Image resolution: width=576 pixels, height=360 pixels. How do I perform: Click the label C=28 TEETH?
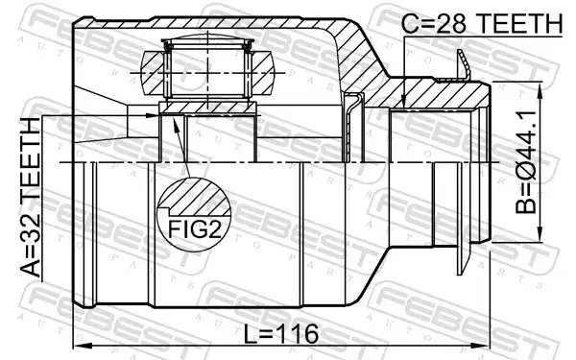click(482, 23)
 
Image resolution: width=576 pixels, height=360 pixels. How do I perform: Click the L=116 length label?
click(281, 334)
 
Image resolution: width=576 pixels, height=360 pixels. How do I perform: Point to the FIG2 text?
click(195, 229)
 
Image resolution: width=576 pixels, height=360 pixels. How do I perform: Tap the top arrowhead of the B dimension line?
click(540, 89)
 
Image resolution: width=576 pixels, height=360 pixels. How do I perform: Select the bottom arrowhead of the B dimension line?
click(540, 234)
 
